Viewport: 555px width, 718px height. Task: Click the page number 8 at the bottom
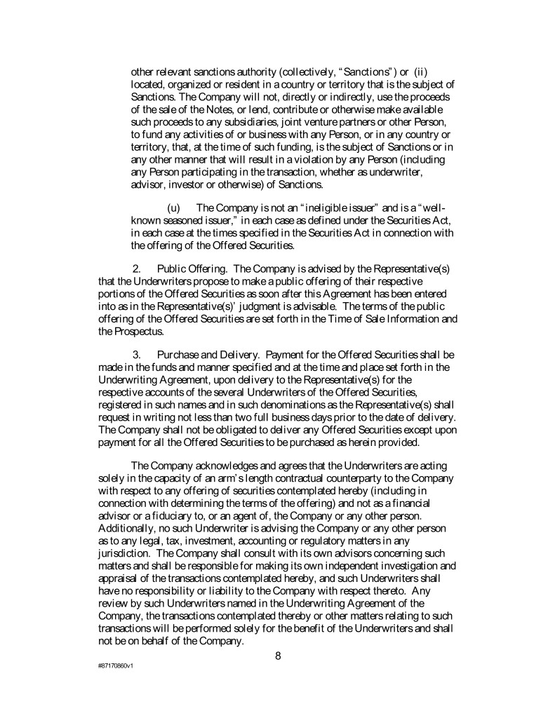[x=278, y=656]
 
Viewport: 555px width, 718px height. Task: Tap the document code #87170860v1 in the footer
[x=116, y=664]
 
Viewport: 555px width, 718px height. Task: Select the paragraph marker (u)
[x=173, y=208]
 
